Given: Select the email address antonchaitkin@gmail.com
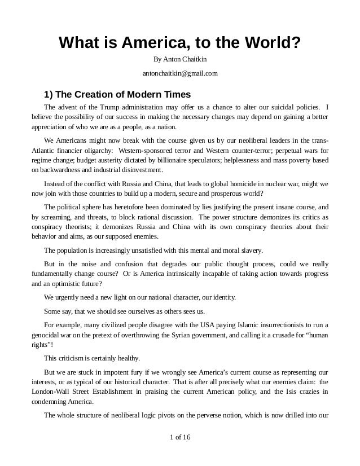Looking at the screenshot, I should coord(180,74).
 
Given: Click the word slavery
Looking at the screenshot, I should coord(248,250).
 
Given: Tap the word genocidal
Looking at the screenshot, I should coord(48,335).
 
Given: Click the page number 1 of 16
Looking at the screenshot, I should coord(180,452).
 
